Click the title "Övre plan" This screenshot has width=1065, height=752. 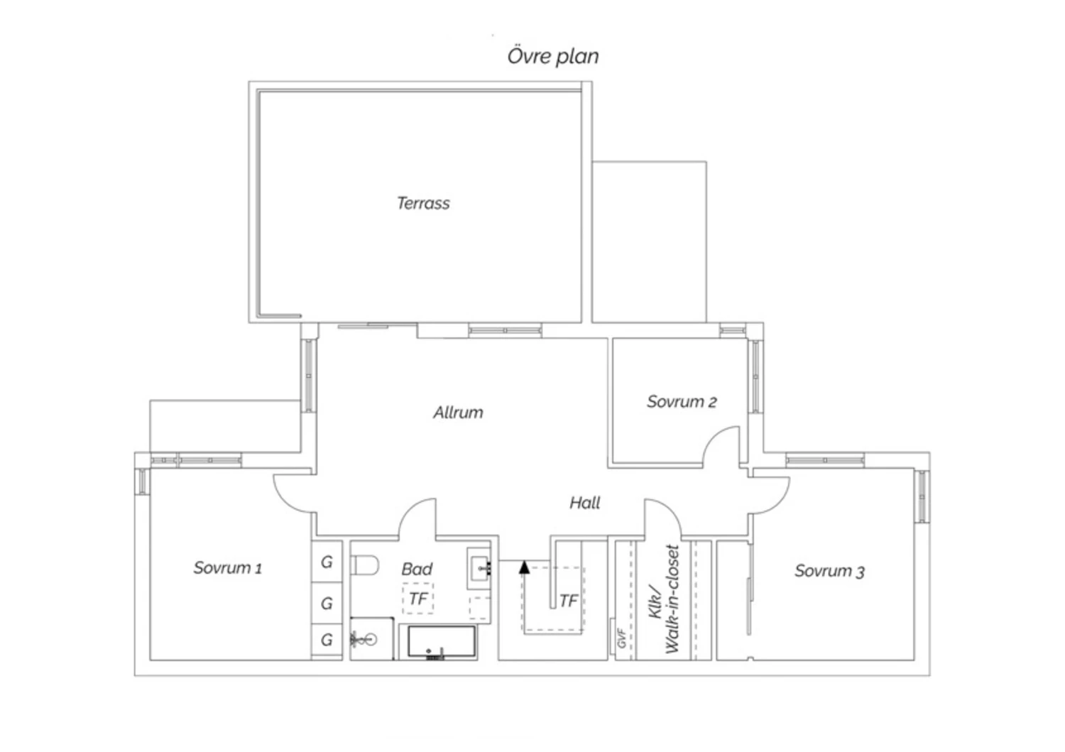pyautogui.click(x=553, y=56)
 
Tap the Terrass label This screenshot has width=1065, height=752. pyautogui.click(x=423, y=204)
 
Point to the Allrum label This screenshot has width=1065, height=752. pyautogui.click(x=458, y=412)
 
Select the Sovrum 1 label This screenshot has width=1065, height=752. pyautogui.click(x=227, y=567)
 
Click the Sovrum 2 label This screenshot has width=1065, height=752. pyautogui.click(x=682, y=401)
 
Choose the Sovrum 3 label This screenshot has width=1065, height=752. pyautogui.click(x=829, y=571)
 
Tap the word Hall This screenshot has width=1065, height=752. pyautogui.click(x=585, y=503)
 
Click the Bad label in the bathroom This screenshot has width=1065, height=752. pyautogui.click(x=417, y=569)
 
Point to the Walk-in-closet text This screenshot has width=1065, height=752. pyautogui.click(x=672, y=599)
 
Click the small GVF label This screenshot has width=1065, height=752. pyautogui.click(x=621, y=638)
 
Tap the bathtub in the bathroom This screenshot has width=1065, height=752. pyautogui.click(x=442, y=642)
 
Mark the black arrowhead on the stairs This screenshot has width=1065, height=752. pyautogui.click(x=524, y=567)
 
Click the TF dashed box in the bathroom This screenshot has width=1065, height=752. pyautogui.click(x=418, y=599)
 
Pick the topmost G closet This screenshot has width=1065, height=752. pyautogui.click(x=327, y=562)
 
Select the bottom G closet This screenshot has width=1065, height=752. pyautogui.click(x=327, y=641)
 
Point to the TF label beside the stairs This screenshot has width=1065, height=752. pyautogui.click(x=569, y=601)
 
